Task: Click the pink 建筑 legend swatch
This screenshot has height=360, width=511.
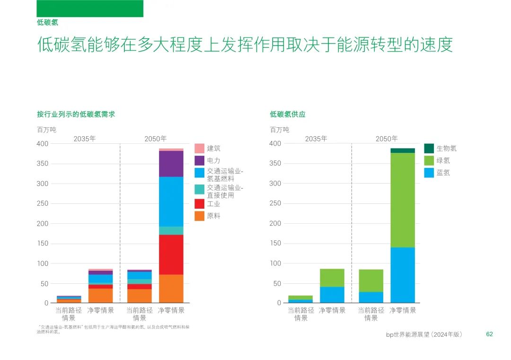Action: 199,148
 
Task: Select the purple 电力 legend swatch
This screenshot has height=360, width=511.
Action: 199,160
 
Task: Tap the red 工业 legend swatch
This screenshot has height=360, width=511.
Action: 199,204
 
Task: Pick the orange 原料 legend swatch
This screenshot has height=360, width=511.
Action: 199,216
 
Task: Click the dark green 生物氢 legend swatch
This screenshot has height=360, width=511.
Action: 429,148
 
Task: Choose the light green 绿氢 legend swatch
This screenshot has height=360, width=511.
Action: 429,160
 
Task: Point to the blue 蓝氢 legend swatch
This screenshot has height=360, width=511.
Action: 429,173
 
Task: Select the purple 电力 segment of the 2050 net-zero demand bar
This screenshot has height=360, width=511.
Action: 171,164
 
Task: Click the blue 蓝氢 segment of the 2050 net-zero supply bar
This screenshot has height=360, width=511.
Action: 403,275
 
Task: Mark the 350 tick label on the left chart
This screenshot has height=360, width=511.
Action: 42,164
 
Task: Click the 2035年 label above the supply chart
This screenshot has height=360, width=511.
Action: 316,139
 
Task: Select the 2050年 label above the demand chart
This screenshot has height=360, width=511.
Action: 155,139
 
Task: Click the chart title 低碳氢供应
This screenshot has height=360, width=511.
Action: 288,114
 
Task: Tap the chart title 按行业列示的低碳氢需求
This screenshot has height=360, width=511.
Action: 76,114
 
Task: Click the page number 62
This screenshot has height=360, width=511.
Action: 489,334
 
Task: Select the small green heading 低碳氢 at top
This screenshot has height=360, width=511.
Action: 47,22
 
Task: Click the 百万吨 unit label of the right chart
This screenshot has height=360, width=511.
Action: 279,130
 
